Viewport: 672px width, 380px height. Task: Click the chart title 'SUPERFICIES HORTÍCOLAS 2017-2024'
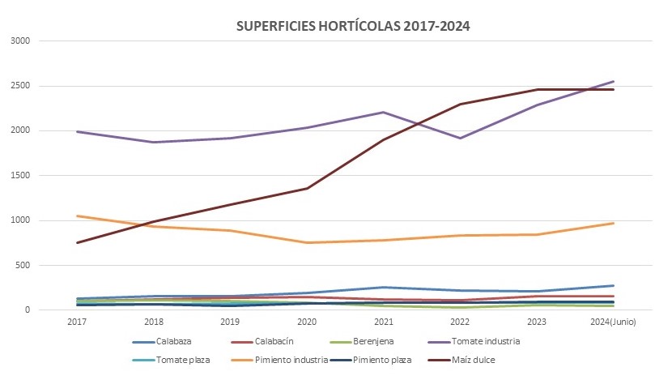(x=353, y=25)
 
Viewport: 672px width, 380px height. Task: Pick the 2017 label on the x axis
(x=78, y=322)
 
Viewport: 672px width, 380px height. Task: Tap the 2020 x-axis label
(x=307, y=322)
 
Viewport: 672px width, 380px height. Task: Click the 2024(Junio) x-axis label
(x=614, y=322)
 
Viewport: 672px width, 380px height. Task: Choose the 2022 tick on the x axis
(x=460, y=322)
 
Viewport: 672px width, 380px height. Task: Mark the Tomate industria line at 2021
(x=383, y=112)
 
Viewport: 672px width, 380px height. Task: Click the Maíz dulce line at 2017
(x=78, y=242)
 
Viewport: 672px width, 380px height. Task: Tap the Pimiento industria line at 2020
(x=307, y=242)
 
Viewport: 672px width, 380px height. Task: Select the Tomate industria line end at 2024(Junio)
(x=614, y=81)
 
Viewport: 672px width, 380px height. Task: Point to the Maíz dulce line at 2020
(x=307, y=188)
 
